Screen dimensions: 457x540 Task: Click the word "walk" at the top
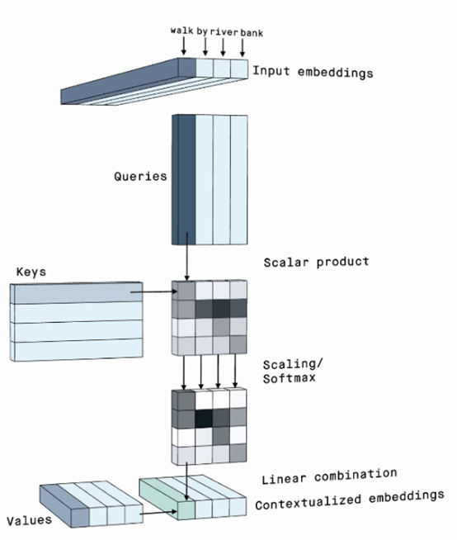click(181, 31)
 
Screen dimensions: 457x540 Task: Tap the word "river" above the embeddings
click(224, 32)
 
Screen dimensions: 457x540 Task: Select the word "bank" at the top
click(252, 33)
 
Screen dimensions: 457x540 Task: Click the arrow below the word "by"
click(205, 46)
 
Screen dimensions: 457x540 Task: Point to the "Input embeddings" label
click(313, 72)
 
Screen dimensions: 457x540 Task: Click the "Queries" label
click(140, 177)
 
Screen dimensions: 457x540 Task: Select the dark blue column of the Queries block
click(184, 180)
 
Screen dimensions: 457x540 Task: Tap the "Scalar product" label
click(316, 262)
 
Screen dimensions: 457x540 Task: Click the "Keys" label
click(31, 272)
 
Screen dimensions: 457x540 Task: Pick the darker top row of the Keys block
click(77, 293)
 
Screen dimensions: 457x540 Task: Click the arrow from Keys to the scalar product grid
click(153, 292)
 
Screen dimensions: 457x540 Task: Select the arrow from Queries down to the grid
click(187, 257)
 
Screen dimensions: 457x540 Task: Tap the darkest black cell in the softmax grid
click(204, 418)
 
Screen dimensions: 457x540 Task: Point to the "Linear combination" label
click(329, 476)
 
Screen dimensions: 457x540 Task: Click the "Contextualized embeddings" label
click(350, 500)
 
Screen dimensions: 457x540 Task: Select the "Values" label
click(29, 520)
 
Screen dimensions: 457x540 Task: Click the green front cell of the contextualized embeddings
click(186, 510)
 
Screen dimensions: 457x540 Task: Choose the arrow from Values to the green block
click(158, 513)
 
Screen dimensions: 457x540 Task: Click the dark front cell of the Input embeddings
click(187, 68)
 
